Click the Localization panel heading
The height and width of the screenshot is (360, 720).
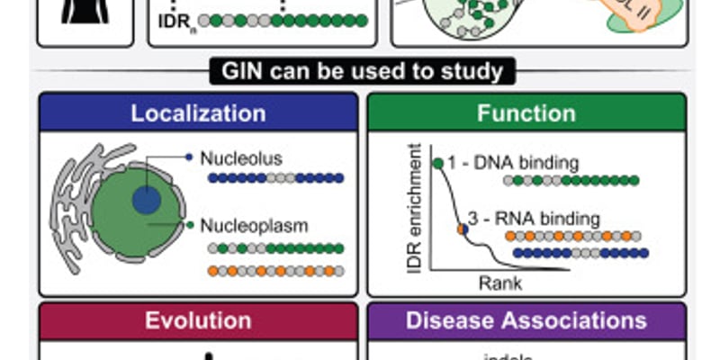click(198, 113)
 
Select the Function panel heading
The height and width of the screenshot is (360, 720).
click(526, 113)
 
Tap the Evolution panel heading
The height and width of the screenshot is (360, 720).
click(198, 321)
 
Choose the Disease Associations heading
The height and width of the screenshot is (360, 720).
click(526, 321)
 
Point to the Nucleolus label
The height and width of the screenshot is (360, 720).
click(241, 158)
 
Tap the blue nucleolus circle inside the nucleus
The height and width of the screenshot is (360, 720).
click(146, 199)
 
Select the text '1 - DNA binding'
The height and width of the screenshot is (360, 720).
click(517, 163)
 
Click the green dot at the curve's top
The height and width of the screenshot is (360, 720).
click(437, 163)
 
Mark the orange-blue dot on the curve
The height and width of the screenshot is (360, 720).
click(462, 229)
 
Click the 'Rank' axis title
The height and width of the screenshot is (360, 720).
click(499, 283)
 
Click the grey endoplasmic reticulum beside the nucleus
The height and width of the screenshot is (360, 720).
click(72, 207)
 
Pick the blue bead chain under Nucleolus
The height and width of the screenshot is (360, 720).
click(275, 178)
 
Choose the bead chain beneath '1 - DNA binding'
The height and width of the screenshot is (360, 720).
click(571, 181)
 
